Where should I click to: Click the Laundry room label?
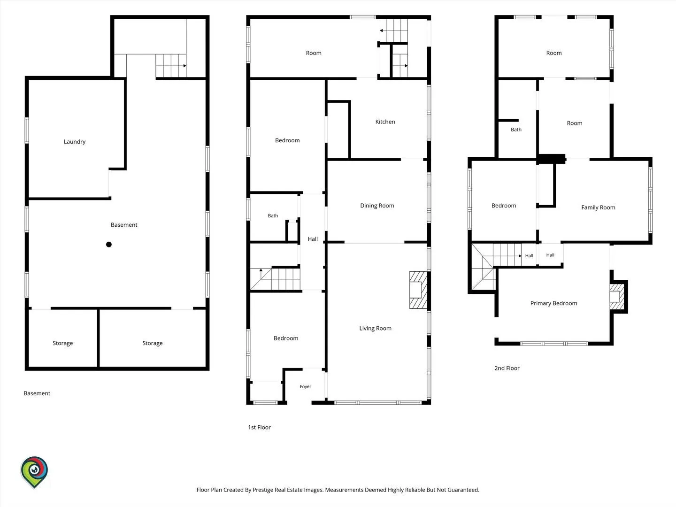pos(75,142)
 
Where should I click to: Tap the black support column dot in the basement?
pos(109,245)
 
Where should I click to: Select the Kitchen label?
pos(385,122)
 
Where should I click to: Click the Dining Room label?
pos(377,206)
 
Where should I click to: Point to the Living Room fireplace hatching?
pos(418,290)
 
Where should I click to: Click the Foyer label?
pos(305,386)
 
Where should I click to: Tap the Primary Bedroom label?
pos(553,303)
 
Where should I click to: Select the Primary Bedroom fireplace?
pos(617,296)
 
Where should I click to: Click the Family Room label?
pos(598,207)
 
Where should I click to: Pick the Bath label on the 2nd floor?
pos(516,130)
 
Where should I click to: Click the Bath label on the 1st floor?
pos(273,216)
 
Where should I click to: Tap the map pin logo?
pos(34,472)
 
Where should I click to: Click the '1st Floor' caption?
pos(259,427)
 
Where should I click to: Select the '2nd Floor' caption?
pos(507,368)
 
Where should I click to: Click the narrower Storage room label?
pos(62,343)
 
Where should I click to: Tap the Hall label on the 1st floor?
pos(313,239)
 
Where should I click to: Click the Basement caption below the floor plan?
pos(37,393)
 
